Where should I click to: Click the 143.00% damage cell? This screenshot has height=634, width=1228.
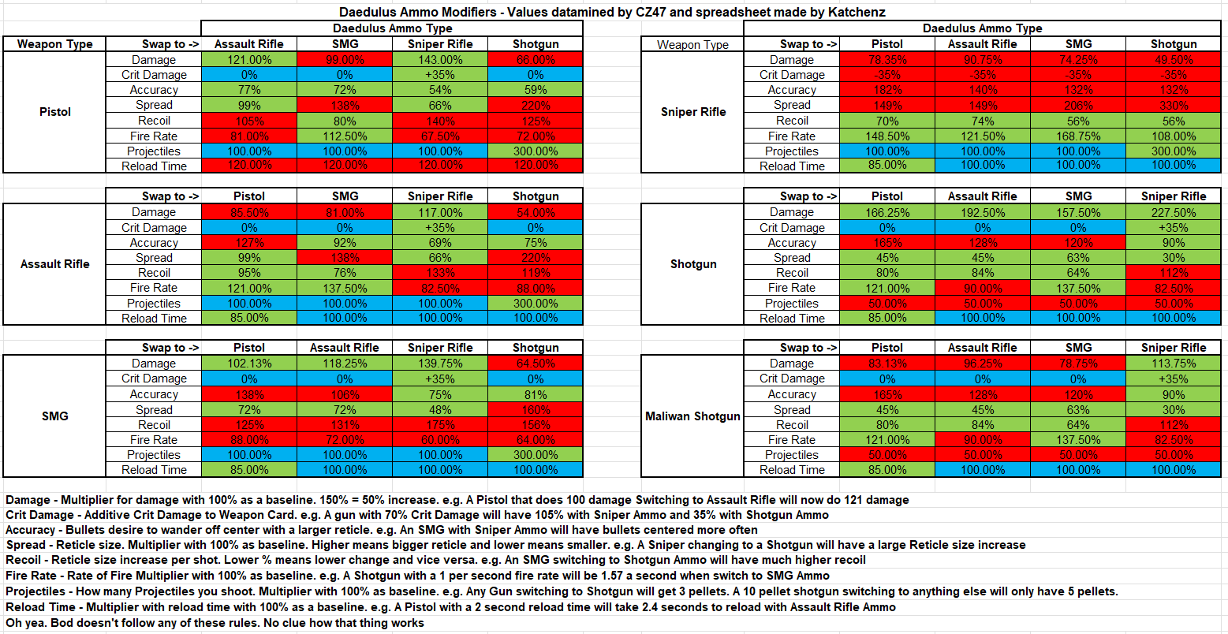(x=440, y=60)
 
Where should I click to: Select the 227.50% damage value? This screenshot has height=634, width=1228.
(x=1173, y=212)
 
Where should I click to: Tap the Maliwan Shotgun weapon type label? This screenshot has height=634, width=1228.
(x=693, y=416)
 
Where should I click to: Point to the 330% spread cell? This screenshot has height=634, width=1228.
(x=1173, y=106)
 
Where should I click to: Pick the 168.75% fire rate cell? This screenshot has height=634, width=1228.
(x=1078, y=136)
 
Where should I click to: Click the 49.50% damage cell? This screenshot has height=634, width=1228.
(x=1173, y=60)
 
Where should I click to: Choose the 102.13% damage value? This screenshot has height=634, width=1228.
(x=249, y=364)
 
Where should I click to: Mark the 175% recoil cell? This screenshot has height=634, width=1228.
(x=440, y=425)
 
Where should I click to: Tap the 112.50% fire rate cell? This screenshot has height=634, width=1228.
(x=345, y=136)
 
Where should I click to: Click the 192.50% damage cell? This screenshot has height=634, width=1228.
(x=982, y=212)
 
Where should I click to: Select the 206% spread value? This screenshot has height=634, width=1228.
(x=1078, y=106)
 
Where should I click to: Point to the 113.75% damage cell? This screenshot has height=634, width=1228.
(x=1173, y=364)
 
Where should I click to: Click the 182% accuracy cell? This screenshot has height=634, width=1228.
(x=887, y=90)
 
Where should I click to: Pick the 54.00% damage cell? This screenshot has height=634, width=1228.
(x=536, y=212)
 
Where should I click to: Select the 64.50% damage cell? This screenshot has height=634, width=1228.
(x=536, y=364)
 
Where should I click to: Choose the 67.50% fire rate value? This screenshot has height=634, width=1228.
(x=440, y=136)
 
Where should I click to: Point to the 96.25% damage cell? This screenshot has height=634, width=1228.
(x=982, y=364)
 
